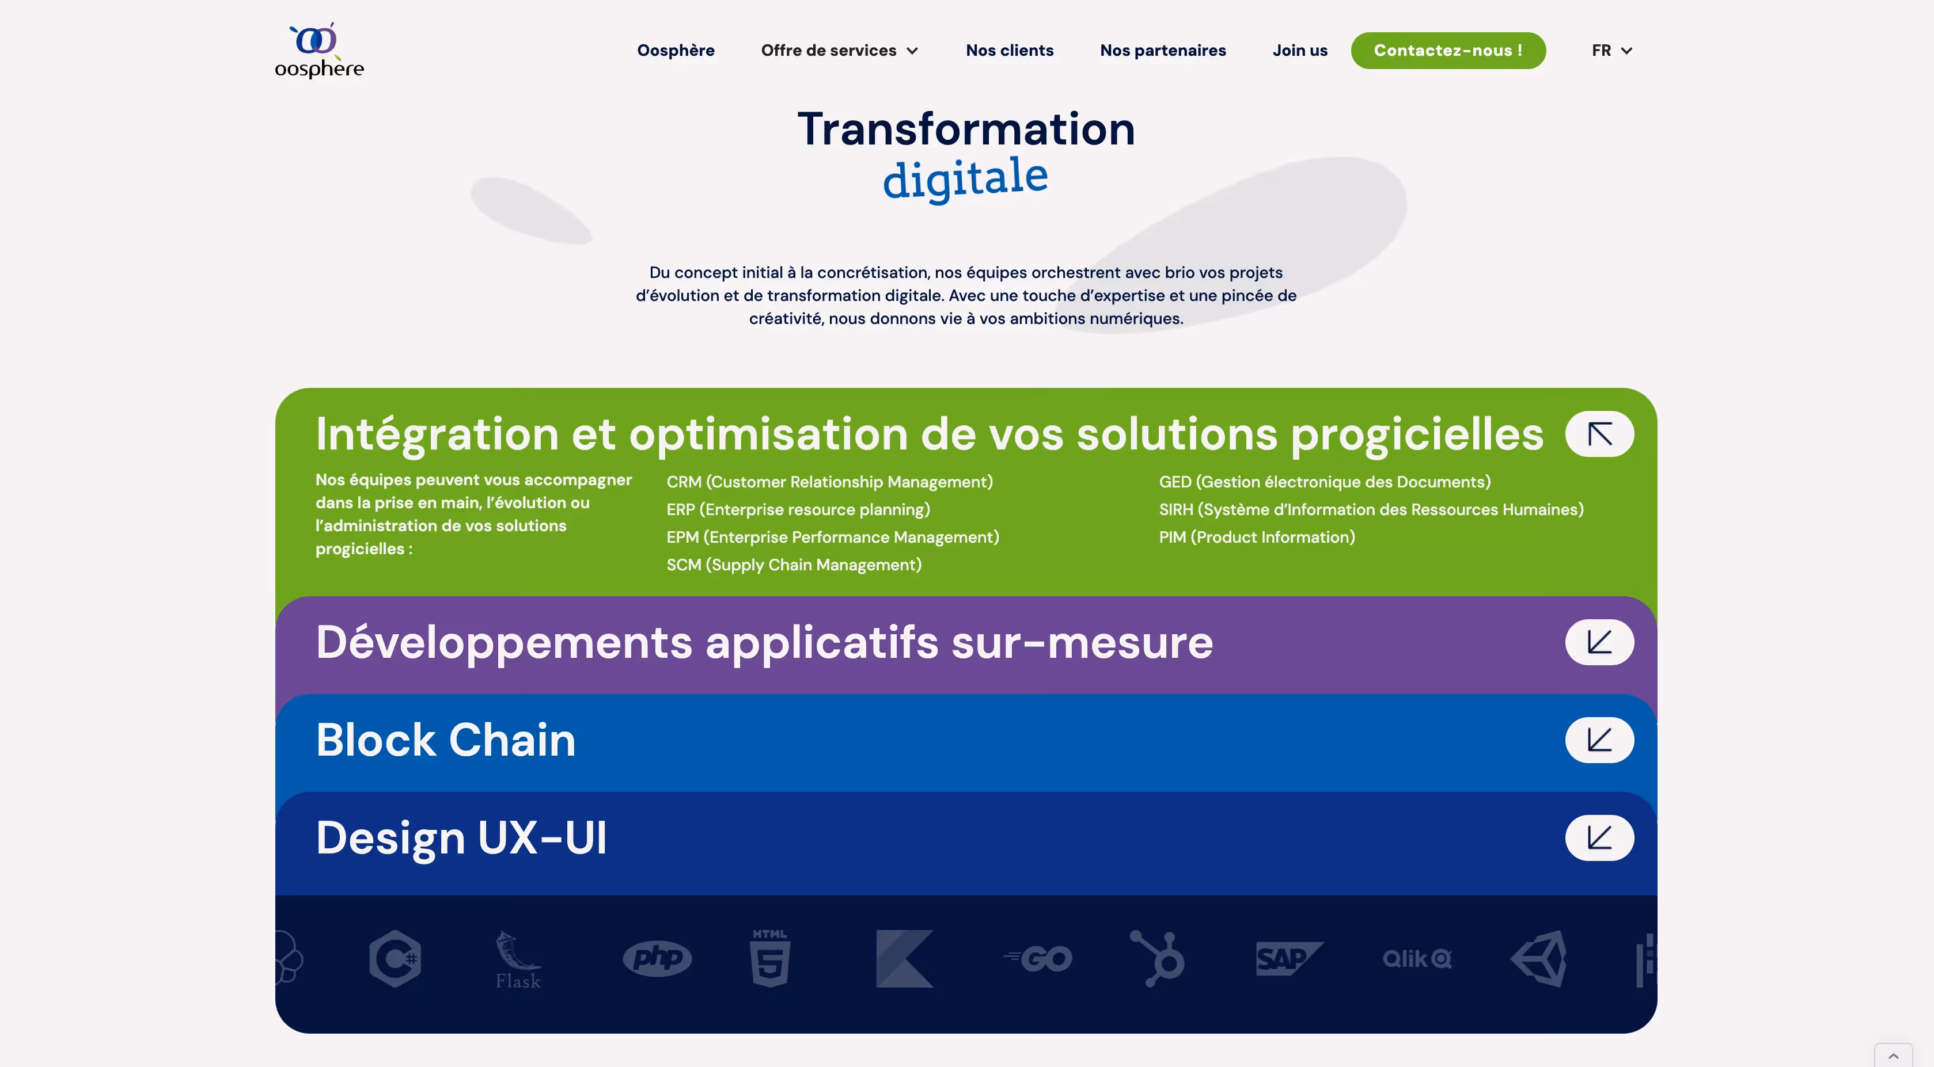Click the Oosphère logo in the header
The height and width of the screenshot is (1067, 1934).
pyautogui.click(x=319, y=50)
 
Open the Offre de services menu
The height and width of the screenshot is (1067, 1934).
pyautogui.click(x=839, y=50)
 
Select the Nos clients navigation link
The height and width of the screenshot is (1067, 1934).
pyautogui.click(x=1009, y=50)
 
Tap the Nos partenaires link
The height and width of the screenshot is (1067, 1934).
pyautogui.click(x=1162, y=50)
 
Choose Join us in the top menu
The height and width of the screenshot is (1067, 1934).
pyautogui.click(x=1299, y=50)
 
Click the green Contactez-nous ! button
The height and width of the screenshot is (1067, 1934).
pyautogui.click(x=1447, y=50)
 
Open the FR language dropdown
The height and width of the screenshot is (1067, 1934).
pyautogui.click(x=1611, y=50)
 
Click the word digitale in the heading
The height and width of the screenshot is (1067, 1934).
pyautogui.click(x=965, y=178)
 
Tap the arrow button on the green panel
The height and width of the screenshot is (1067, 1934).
pyautogui.click(x=1599, y=434)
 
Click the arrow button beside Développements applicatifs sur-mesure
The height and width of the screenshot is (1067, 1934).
pyautogui.click(x=1599, y=642)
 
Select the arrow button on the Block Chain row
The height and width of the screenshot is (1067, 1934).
pyautogui.click(x=1599, y=740)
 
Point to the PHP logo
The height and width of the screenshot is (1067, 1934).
pyautogui.click(x=657, y=958)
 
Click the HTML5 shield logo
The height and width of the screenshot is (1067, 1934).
pyautogui.click(x=769, y=958)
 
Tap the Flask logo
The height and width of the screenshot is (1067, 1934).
pyautogui.click(x=517, y=961)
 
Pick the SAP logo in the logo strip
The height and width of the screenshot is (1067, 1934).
pyautogui.click(x=1288, y=958)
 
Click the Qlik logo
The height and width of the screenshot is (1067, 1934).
pyautogui.click(x=1417, y=958)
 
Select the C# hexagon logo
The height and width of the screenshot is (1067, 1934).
pyautogui.click(x=395, y=958)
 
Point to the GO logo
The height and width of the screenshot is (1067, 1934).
pyautogui.click(x=1038, y=958)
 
